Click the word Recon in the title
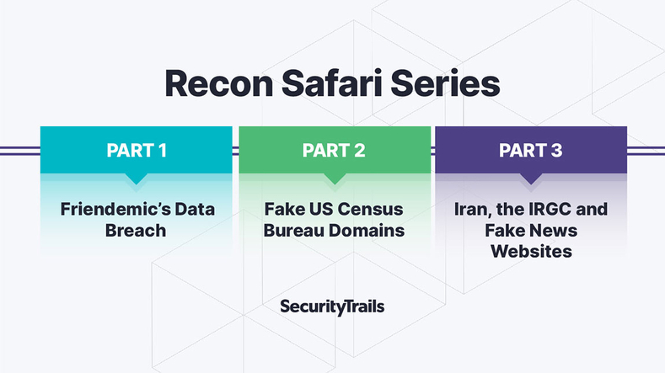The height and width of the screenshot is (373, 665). click(x=219, y=83)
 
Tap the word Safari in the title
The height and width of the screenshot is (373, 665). click(x=331, y=83)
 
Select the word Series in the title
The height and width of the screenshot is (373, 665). click(x=445, y=83)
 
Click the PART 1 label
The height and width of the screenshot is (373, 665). click(x=137, y=151)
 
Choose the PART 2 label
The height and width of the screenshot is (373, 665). click(x=334, y=151)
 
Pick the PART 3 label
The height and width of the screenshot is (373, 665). click(x=530, y=151)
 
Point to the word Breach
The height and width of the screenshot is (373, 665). click(x=136, y=231)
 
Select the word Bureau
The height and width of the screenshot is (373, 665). click(x=294, y=231)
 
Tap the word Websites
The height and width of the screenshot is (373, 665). click(x=531, y=252)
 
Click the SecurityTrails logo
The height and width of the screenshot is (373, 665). click(x=332, y=306)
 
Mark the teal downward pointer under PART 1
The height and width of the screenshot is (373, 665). click(x=137, y=179)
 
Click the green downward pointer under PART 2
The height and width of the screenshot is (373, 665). click(x=335, y=179)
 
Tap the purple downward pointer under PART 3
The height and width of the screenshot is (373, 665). click(x=531, y=179)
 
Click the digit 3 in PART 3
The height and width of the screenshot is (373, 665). click(x=557, y=151)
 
